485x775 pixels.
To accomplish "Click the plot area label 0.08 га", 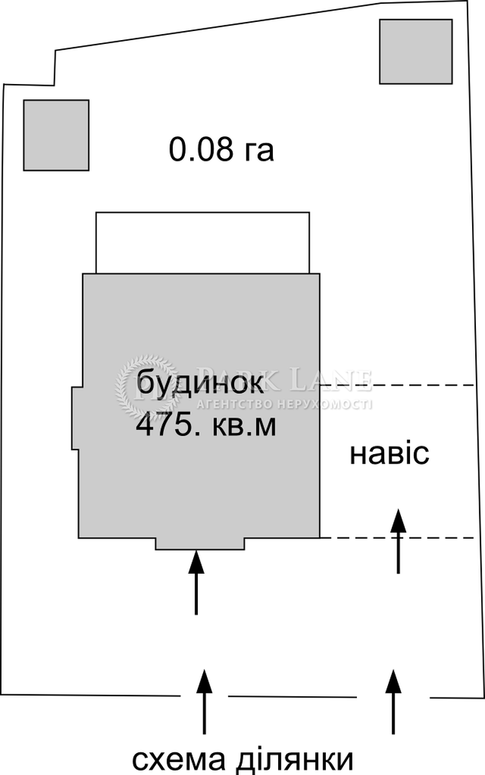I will click(x=221, y=150).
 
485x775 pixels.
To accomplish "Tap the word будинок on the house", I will click(x=200, y=384).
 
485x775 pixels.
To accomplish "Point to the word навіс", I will click(x=389, y=454).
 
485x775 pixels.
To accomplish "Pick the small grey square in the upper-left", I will click(x=56, y=135).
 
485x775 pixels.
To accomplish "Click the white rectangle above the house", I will click(x=202, y=243).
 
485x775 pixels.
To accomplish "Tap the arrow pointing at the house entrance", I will click(x=196, y=581).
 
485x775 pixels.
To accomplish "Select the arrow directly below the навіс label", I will click(x=398, y=541).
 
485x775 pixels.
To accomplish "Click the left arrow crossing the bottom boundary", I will click(x=204, y=701).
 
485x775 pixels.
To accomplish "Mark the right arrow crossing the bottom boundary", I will click(x=392, y=701).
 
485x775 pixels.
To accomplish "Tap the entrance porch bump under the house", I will click(x=200, y=544).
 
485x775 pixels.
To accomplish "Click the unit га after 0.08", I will click(x=259, y=151).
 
